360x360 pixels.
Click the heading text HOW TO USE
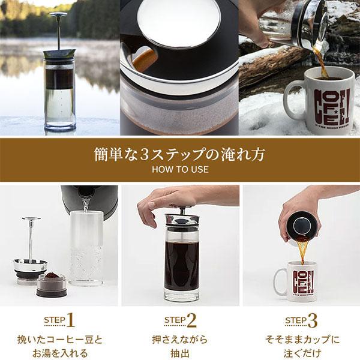179,169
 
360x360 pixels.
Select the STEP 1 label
59,319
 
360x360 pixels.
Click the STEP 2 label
180,319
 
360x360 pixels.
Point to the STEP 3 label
301,319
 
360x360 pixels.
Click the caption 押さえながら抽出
180,346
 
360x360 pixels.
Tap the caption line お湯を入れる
59,352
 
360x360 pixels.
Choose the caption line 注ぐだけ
301,352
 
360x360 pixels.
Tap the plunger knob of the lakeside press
58,14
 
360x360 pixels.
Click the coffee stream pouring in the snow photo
321,60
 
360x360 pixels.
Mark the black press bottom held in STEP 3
299,227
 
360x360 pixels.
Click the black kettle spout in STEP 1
84,194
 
